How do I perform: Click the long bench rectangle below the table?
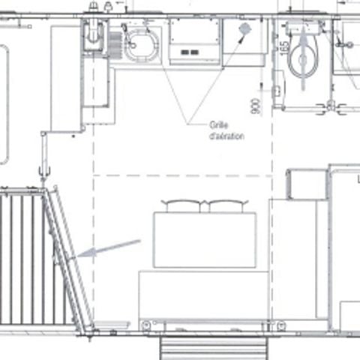[x=202, y=295]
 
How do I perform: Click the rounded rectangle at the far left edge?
[x=4, y=105]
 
